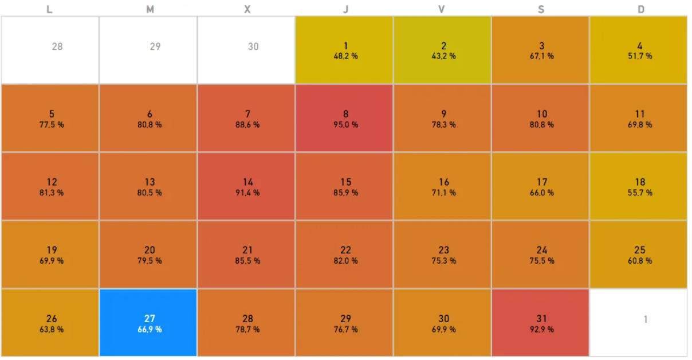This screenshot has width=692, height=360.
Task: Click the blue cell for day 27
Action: coord(148,323)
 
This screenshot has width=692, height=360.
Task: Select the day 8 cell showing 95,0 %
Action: coord(344,118)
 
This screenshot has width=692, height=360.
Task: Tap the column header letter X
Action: coord(247,9)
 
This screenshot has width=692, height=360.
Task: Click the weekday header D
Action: coord(641,9)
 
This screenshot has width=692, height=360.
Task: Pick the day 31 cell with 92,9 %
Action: coord(541,323)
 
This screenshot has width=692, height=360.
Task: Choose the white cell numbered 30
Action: coord(246,50)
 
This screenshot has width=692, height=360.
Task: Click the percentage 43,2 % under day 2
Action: coord(443,56)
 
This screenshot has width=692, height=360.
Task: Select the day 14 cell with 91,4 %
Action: coord(246,186)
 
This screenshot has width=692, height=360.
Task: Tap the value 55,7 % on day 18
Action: coord(639,193)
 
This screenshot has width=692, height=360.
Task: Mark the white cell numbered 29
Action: coord(148,50)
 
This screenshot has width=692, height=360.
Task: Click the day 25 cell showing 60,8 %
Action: coord(639,255)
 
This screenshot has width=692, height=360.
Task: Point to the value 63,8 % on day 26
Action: coord(52,330)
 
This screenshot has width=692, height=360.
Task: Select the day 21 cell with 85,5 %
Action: coord(246,255)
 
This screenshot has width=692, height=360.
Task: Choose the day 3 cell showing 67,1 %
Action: coord(541,50)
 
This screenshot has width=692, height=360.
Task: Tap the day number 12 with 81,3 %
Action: coord(52,182)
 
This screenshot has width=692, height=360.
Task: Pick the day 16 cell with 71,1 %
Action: coord(443,186)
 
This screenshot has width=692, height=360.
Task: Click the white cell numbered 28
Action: coord(50,50)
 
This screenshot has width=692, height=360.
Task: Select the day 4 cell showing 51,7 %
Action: coord(639,50)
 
